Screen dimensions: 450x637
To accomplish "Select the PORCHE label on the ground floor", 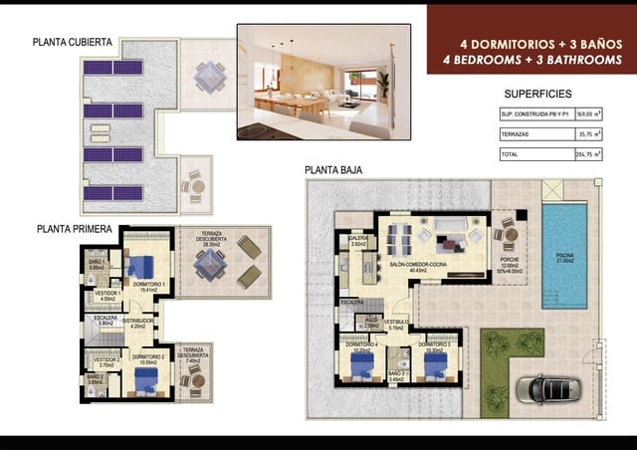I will (510, 266).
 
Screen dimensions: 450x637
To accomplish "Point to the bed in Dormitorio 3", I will (434, 365).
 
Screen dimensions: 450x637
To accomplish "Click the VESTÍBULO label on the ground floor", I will (397, 324).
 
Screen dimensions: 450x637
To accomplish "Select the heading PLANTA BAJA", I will (333, 170).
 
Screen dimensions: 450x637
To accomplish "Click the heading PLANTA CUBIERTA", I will (72, 43).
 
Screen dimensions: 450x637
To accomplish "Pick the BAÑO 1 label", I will (98, 264).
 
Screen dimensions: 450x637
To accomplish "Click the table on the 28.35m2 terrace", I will (210, 263).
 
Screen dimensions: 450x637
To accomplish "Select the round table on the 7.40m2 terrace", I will (196, 378).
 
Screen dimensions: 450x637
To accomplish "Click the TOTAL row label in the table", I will (511, 154).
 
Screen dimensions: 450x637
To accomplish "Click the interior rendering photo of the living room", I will (323, 81).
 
